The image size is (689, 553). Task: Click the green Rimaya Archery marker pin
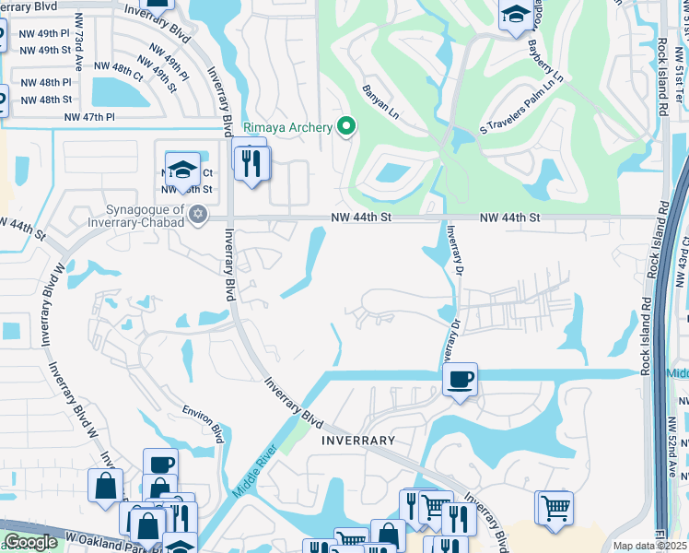coord(346,127)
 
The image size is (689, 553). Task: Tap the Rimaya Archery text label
coord(287,127)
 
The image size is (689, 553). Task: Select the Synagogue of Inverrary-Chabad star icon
coord(195,215)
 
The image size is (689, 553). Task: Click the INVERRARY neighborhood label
coord(358,441)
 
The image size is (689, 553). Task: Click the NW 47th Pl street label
coord(89,117)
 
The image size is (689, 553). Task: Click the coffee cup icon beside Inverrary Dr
coord(460,378)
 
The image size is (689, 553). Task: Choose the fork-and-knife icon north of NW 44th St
coord(251,163)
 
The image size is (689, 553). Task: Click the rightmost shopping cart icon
coord(555,507)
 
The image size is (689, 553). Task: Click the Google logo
coord(30,542)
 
